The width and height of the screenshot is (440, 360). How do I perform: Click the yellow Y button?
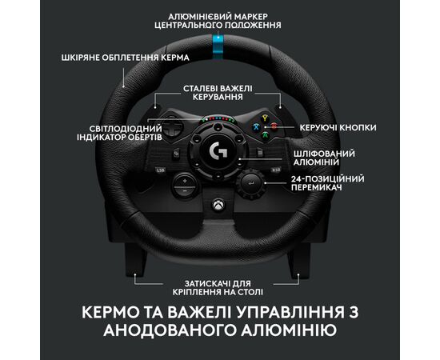pos(265,118)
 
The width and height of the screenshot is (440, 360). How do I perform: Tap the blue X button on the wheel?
pos(256,127)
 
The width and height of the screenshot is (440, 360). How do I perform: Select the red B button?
pos(274,126)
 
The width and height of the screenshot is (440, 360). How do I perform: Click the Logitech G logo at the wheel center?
pos(218,151)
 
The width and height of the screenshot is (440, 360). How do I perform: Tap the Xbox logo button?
pos(218,205)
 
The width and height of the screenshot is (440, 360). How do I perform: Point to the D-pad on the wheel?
pos(172,127)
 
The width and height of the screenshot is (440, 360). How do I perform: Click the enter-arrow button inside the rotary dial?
pos(251,184)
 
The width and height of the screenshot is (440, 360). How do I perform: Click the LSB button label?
pos(161,170)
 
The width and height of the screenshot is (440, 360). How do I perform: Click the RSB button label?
pos(275,170)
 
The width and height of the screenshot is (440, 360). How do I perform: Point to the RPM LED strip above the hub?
pos(218,119)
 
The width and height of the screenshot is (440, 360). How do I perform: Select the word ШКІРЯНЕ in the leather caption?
pos(81,58)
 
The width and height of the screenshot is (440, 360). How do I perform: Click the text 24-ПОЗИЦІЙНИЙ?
pos(327,178)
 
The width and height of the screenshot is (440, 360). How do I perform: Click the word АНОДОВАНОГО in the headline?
pos(170,330)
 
